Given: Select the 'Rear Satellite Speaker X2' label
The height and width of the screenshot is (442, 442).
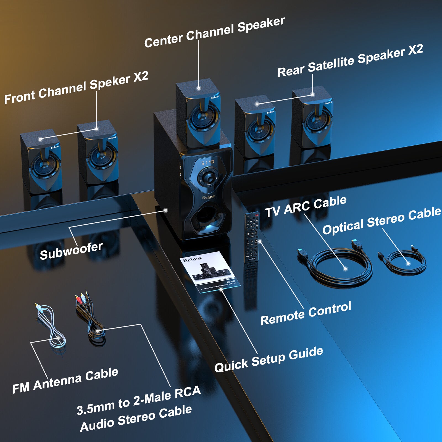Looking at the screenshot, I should [350, 61].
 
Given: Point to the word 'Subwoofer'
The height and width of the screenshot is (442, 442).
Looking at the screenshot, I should [71, 251].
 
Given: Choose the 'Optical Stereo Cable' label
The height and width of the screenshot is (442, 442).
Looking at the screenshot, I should [382, 221].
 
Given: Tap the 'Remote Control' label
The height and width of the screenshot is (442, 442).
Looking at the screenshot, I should [306, 313].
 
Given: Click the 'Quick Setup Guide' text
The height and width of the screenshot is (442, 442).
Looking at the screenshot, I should [269, 359].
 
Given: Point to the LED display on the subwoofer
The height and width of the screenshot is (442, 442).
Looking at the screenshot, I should [208, 162].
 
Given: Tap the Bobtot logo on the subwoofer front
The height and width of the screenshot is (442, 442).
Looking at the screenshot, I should [208, 197].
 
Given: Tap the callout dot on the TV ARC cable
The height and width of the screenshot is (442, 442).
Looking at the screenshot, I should [345, 269].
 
